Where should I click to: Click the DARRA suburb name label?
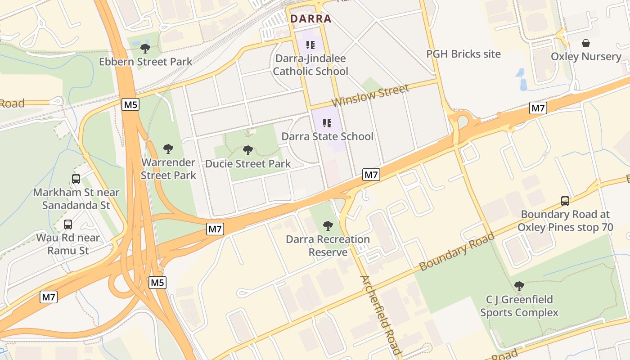[x=311, y=19]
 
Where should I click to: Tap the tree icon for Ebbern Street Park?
[x=145, y=48]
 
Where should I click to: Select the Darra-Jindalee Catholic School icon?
[x=310, y=45]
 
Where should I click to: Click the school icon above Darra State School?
[x=327, y=123]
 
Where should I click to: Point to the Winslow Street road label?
[x=370, y=95]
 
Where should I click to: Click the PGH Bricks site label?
[x=463, y=54]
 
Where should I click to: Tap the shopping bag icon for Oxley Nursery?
[x=586, y=44]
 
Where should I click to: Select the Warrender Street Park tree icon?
[x=168, y=148]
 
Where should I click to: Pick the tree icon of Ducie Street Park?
[x=247, y=150]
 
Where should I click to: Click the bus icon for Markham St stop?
[x=76, y=179]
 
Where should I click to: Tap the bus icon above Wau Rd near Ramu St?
[x=68, y=224]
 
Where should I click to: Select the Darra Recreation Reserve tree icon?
[x=328, y=226]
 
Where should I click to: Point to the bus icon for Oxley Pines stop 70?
[x=565, y=201]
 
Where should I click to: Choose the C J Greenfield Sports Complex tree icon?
[x=519, y=286]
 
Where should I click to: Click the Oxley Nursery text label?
[x=586, y=57]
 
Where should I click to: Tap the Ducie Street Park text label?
[x=248, y=164]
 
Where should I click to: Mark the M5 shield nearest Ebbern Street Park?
[x=130, y=105]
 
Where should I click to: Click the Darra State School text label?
[x=327, y=136]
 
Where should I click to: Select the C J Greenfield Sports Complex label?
[x=519, y=306]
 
